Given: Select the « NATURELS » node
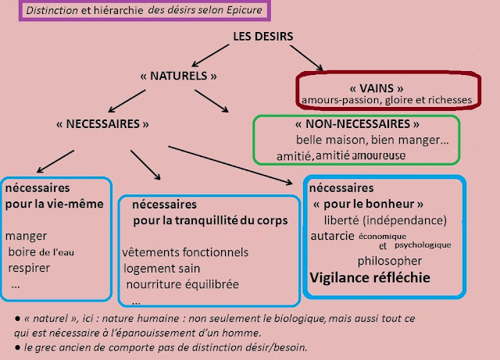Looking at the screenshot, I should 176,76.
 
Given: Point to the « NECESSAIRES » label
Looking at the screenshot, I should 103,123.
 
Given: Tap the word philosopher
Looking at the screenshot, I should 390,260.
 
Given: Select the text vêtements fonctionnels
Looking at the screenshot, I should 186,252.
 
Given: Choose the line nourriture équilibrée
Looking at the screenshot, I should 182,283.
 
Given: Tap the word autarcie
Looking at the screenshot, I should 332,236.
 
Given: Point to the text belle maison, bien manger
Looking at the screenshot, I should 360,140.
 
